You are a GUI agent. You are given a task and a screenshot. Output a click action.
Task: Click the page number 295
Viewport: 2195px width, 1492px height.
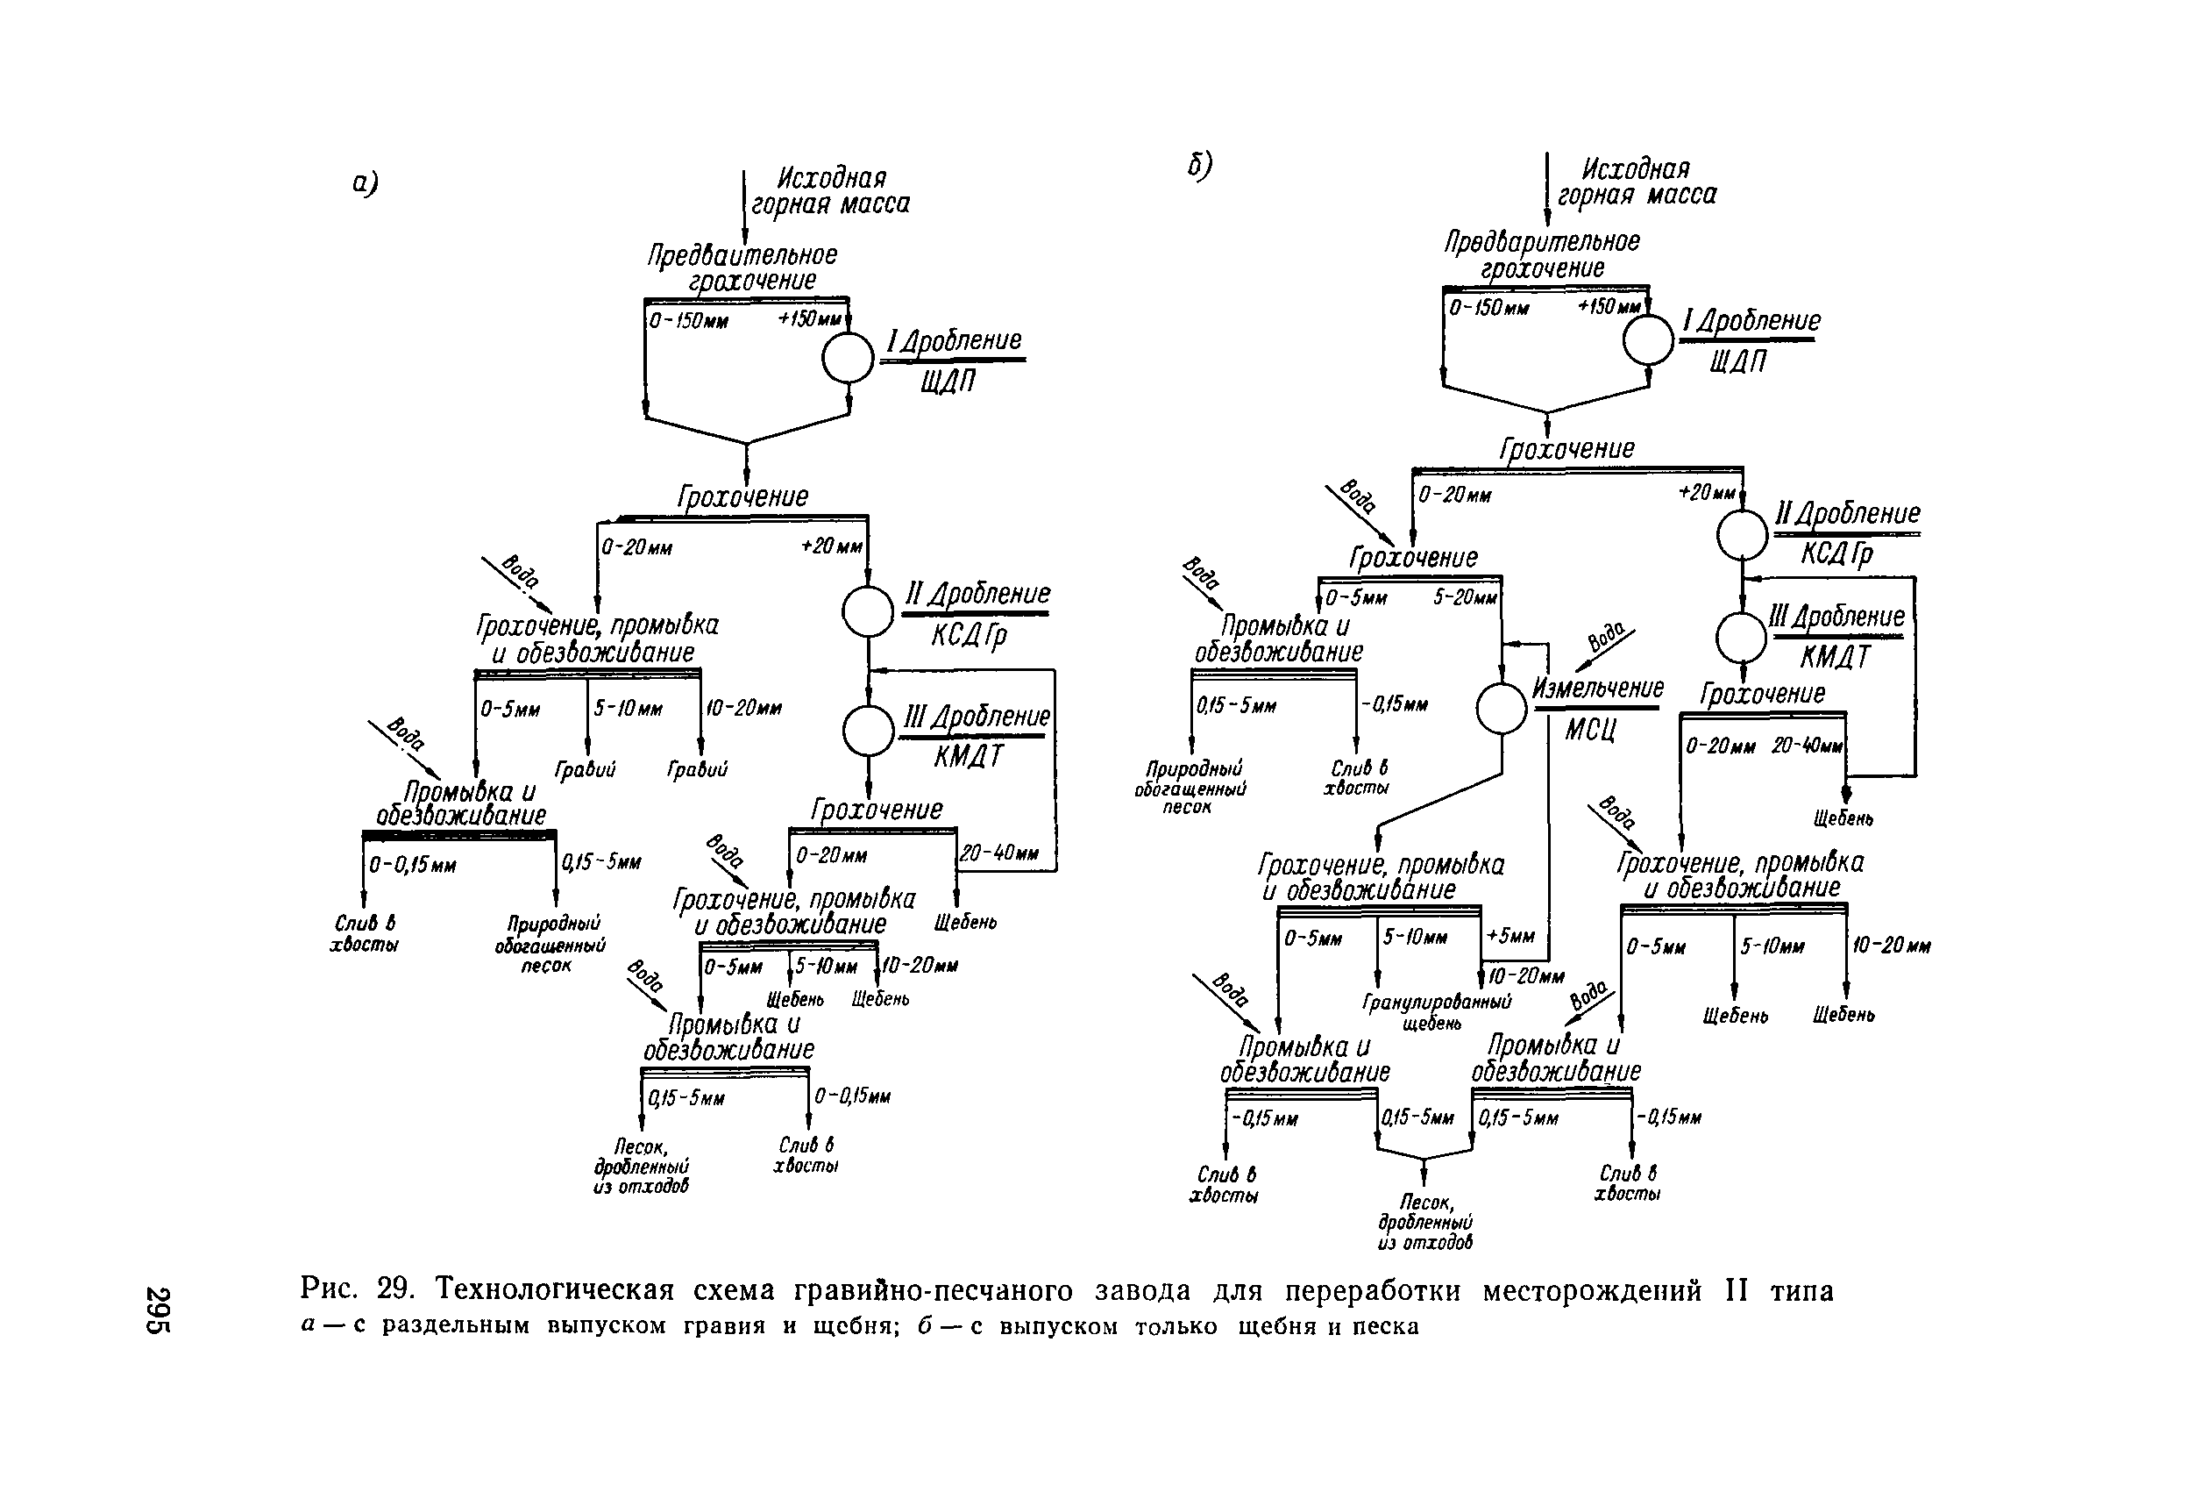pos(158,1310)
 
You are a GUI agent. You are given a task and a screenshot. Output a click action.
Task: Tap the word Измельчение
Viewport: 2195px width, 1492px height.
pos(1597,688)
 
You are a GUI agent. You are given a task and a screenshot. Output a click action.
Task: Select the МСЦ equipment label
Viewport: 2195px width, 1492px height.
pos(1590,730)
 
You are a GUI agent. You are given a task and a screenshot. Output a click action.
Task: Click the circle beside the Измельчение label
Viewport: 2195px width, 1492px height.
pos(1501,708)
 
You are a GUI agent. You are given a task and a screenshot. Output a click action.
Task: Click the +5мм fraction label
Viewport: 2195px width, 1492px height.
pos(1510,935)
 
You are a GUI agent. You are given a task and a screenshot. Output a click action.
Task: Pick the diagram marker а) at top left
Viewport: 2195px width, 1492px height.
pos(365,182)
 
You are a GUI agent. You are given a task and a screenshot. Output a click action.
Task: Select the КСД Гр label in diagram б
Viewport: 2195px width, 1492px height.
pos(1835,553)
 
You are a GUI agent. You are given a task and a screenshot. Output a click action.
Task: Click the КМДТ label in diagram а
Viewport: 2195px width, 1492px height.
pos(968,757)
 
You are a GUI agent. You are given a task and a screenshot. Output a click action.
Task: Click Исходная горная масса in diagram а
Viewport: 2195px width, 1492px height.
pos(830,191)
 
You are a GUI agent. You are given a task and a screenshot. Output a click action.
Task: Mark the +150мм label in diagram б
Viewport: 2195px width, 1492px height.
pos(1609,307)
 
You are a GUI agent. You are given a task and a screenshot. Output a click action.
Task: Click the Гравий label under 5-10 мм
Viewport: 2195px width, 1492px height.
pos(585,770)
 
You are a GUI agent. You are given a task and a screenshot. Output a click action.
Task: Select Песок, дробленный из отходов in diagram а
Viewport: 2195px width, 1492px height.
pos(642,1166)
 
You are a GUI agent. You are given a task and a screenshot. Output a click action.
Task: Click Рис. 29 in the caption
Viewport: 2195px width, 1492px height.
pos(358,1289)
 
